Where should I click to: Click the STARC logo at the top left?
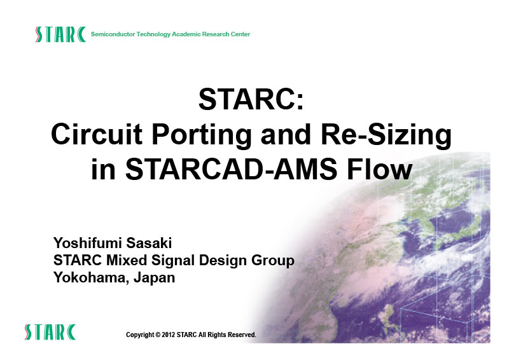click(x=60, y=34)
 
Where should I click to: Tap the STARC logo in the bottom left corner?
click(x=50, y=332)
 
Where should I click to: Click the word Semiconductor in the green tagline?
click(x=113, y=34)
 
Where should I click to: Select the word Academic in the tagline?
click(x=186, y=34)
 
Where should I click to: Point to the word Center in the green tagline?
click(x=241, y=34)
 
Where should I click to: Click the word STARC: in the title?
click(x=251, y=99)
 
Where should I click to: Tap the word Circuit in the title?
click(x=97, y=134)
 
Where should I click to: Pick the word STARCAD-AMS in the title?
click(x=231, y=169)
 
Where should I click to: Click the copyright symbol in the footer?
click(x=158, y=335)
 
